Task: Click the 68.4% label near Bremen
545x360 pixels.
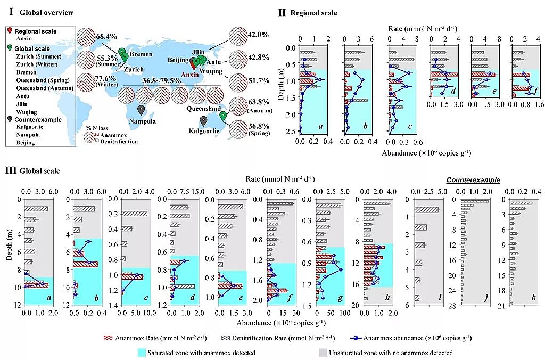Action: pos(106,36)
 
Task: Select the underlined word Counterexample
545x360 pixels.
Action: pos(473,180)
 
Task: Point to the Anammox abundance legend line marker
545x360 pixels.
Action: pos(358,338)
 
